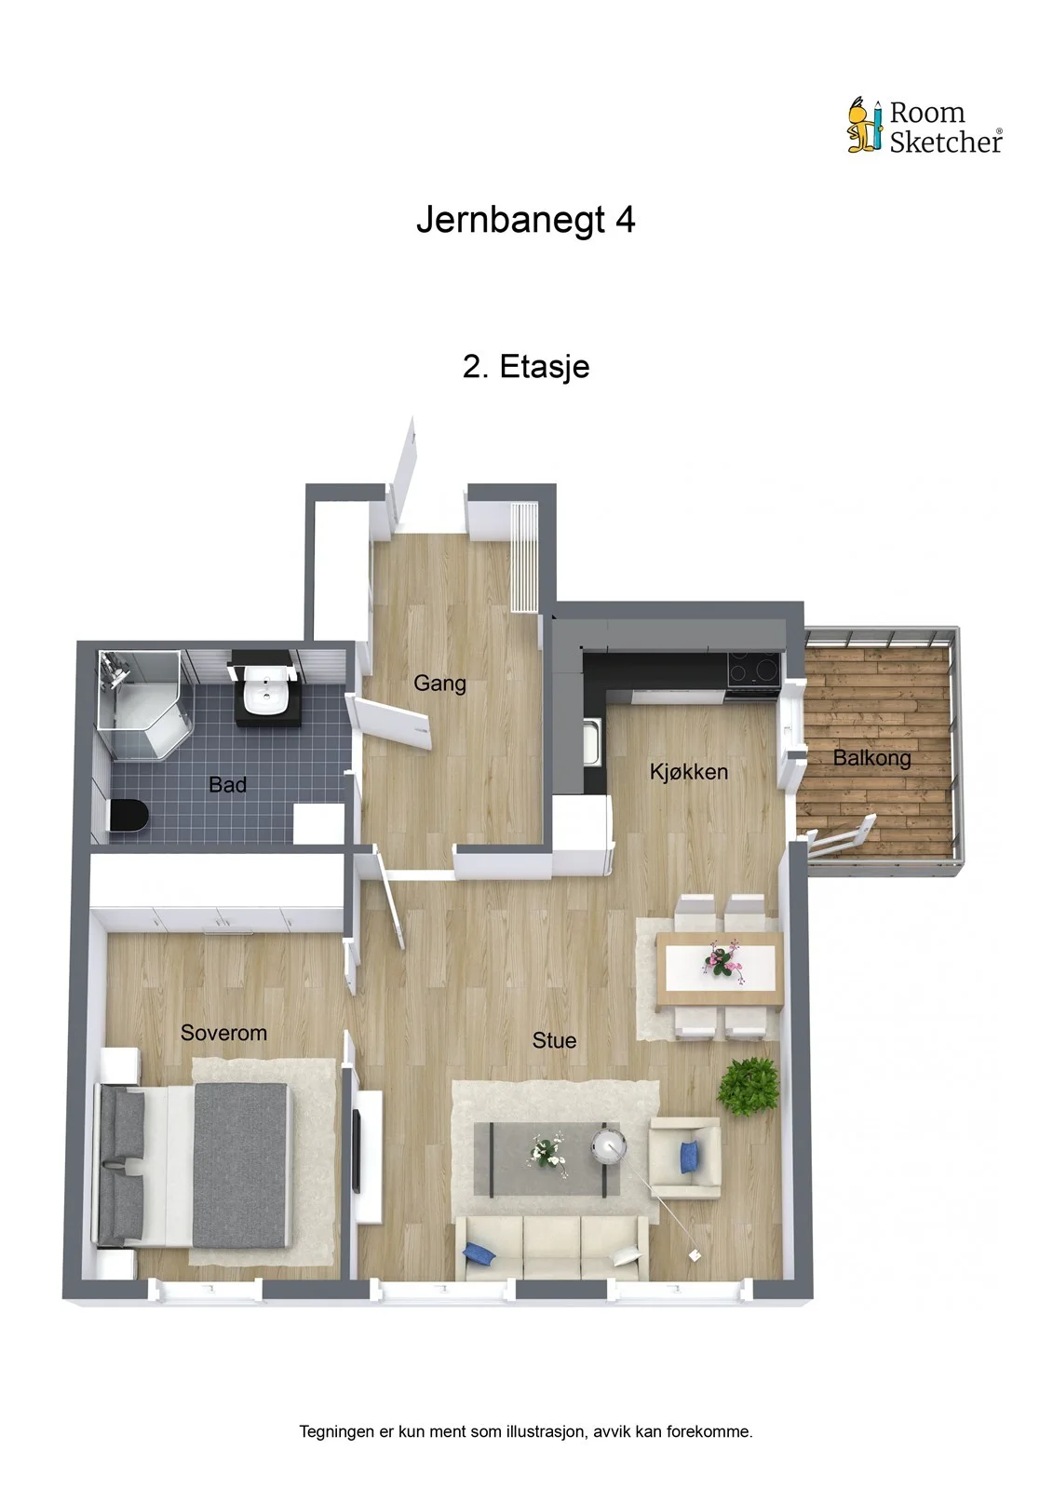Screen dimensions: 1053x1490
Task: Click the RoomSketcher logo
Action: (925, 126)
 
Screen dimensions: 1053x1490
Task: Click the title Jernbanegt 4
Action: (525, 220)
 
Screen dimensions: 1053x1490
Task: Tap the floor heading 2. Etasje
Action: (526, 367)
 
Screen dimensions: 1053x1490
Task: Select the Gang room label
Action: (439, 684)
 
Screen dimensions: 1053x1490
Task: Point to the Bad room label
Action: (227, 785)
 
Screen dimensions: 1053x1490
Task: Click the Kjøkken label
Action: (688, 772)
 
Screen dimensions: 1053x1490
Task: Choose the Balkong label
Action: (872, 758)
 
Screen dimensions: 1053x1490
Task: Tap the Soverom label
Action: (223, 1033)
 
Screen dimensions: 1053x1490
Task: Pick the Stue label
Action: (554, 1040)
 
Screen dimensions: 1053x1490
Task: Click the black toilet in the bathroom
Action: (128, 815)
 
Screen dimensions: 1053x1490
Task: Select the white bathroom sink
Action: (265, 689)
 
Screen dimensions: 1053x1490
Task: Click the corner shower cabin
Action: (142, 705)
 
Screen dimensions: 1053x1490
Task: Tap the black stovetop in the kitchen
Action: (753, 670)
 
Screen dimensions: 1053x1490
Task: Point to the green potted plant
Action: (748, 1086)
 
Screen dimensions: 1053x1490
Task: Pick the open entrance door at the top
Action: (403, 469)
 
